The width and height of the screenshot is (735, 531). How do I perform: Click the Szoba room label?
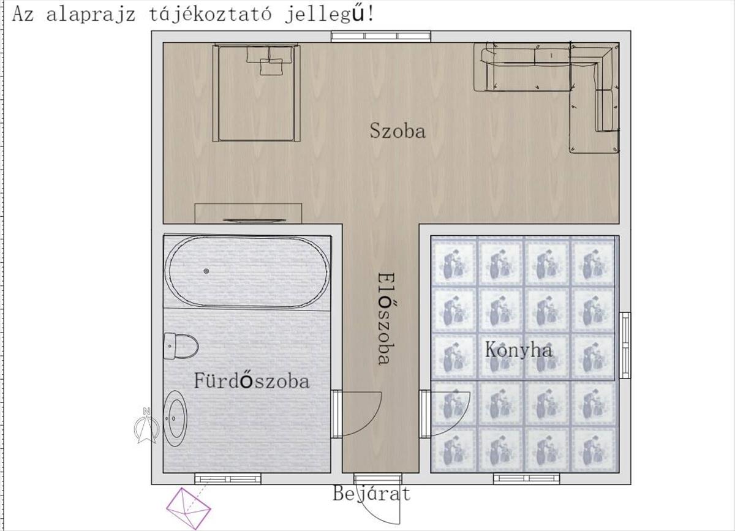398,130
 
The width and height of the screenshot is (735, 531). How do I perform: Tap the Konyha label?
518,350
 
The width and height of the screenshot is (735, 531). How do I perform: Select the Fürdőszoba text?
252,381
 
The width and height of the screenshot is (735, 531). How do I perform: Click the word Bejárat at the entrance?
371,494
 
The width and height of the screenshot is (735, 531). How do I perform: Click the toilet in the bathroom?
181,346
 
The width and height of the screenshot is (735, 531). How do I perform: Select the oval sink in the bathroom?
175,419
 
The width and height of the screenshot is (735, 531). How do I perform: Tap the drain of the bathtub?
206,271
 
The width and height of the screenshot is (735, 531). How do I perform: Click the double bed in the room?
256,92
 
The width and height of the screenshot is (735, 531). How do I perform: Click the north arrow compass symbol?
146,425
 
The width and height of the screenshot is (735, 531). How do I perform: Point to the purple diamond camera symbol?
189,508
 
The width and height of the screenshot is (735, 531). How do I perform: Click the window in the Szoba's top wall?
380,36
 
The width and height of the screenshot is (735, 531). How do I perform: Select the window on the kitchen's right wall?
625,345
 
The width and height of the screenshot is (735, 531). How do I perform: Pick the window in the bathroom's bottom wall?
228,479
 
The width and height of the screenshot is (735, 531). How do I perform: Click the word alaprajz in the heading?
91,15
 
